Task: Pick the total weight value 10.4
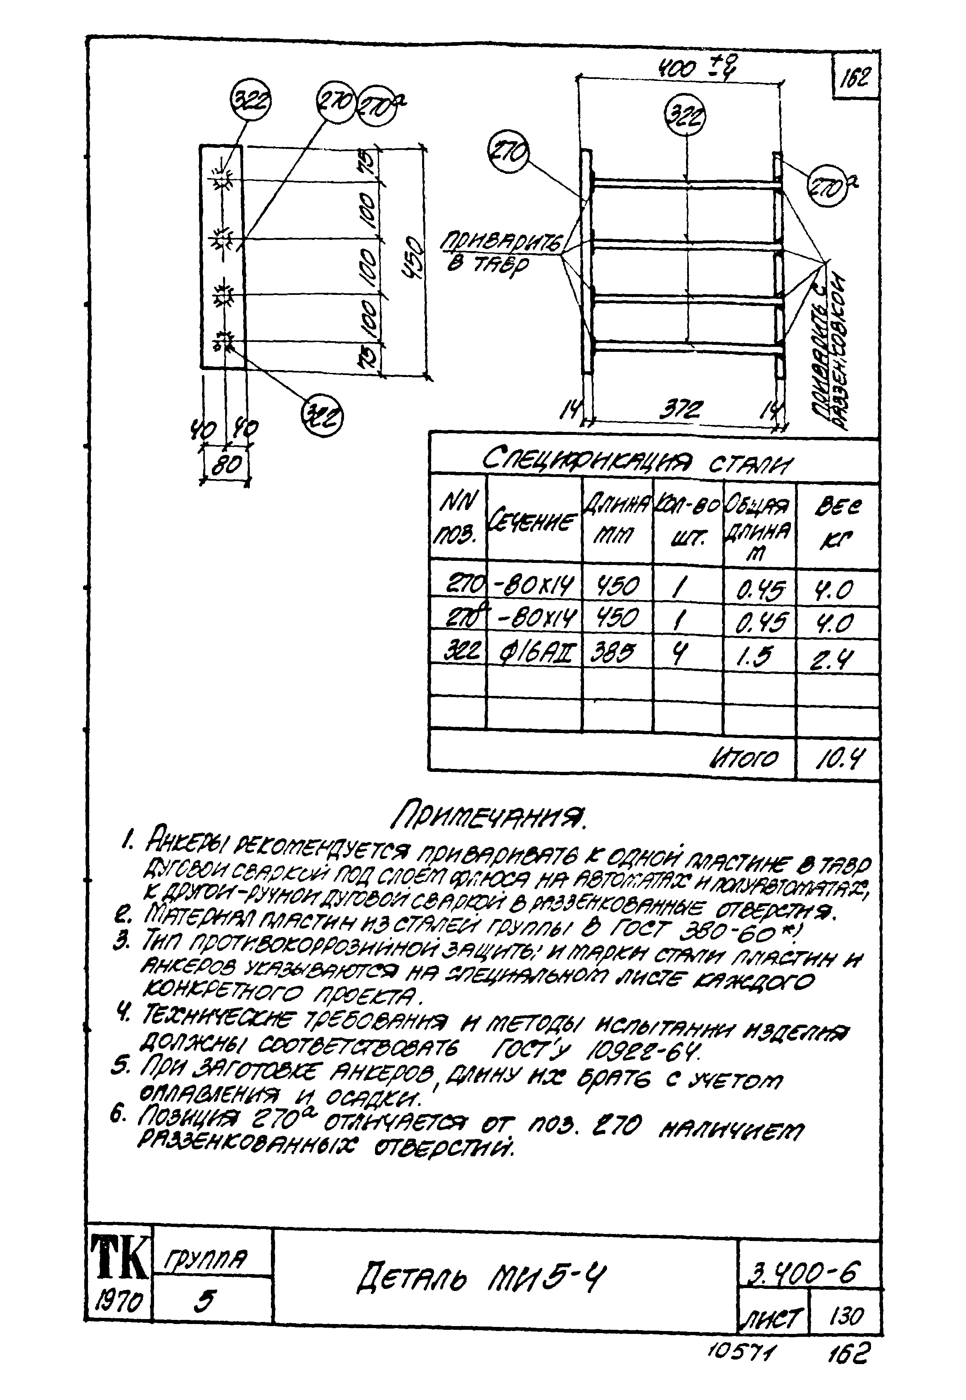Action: point(839,757)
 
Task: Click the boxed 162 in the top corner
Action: point(856,77)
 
